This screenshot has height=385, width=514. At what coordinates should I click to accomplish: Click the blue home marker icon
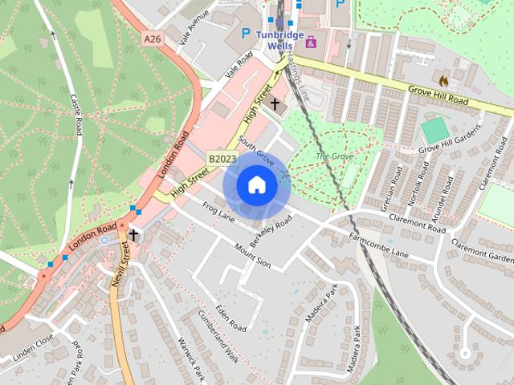pyautogui.click(x=256, y=184)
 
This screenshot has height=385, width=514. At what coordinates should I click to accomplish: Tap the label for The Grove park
pyautogui.click(x=333, y=156)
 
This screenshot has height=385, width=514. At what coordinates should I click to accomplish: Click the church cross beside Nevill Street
pyautogui.click(x=133, y=235)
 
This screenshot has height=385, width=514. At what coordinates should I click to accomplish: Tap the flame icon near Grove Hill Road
pyautogui.click(x=443, y=81)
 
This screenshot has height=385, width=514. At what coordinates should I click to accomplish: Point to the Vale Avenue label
pyautogui.click(x=194, y=26)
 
